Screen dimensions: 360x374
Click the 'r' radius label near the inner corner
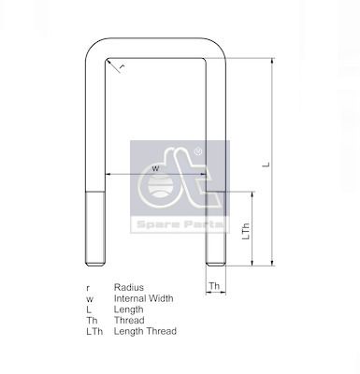click(x=122, y=67)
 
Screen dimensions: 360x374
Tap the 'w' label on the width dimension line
click(x=155, y=169)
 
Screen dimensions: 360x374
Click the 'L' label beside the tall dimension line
click(x=266, y=165)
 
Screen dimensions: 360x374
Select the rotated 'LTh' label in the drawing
click(x=246, y=231)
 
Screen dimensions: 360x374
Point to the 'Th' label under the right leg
click(x=214, y=286)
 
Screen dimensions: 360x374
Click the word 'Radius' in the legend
click(x=129, y=287)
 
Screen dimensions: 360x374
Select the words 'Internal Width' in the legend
click(x=143, y=298)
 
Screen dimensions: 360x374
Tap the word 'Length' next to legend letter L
click(x=129, y=309)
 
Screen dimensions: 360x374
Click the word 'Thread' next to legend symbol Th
click(x=129, y=320)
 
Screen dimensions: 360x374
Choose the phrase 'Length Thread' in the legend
click(x=145, y=331)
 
